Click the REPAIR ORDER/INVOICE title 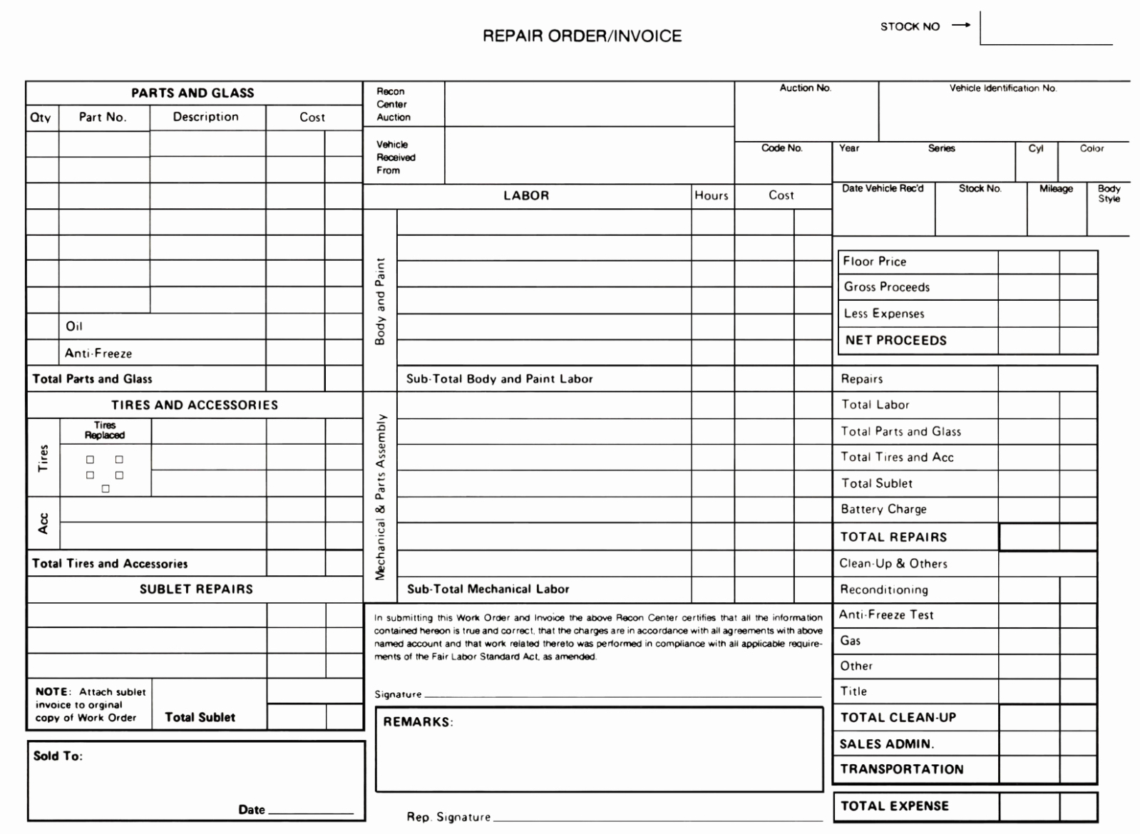pos(582,36)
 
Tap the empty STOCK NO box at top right pos(1046,29)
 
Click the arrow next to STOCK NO pos(961,26)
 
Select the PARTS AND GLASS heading pos(192,93)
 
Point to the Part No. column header pos(103,117)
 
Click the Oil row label pos(74,326)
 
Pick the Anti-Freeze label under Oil pos(98,353)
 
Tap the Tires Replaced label pos(105,430)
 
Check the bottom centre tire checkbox pos(106,488)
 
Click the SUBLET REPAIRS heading pos(196,589)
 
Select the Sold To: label pos(58,756)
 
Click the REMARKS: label pos(418,722)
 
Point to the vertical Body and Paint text pos(380,302)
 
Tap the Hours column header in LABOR pos(712,195)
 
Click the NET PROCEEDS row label pos(895,341)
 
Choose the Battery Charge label pos(883,509)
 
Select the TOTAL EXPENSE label pos(894,806)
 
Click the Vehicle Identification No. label pos(1002,88)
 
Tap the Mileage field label pos(1056,189)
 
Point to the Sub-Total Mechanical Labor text pos(488,589)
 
